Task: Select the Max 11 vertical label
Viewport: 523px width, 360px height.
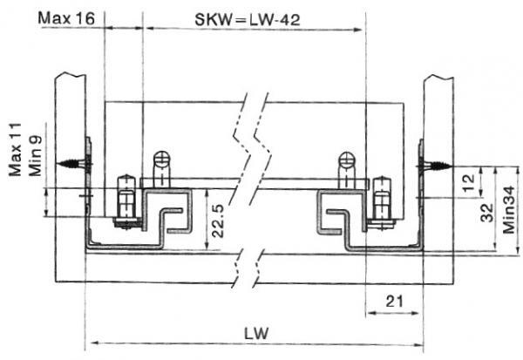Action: pyautogui.click(x=16, y=148)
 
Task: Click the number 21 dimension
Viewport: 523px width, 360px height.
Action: pyautogui.click(x=393, y=302)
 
